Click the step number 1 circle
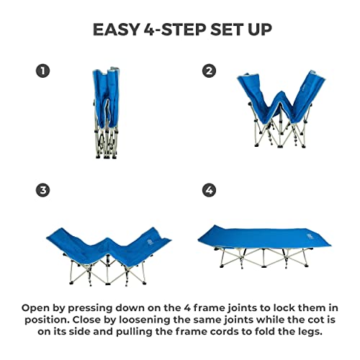tap(43, 71)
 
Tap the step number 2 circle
tap(209, 71)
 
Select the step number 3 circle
tap(43, 190)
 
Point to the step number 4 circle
tap(209, 190)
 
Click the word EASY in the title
tap(116, 30)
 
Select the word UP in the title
tap(260, 30)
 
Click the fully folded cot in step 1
tap(107, 113)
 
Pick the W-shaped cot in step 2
tap(282, 109)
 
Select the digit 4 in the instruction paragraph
tap(187, 308)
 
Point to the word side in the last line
tap(79, 332)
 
